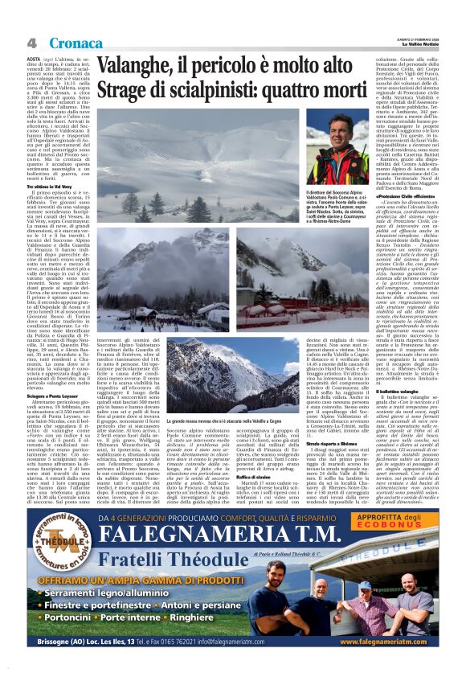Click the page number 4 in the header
click(x=32, y=43)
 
